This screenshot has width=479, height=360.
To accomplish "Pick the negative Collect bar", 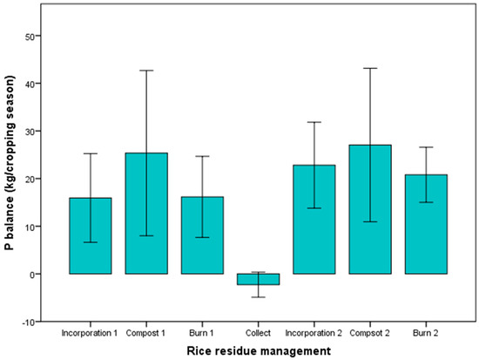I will [259, 279].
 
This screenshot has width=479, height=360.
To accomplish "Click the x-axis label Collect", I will [259, 333].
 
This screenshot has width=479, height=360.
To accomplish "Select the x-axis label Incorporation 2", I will [314, 333].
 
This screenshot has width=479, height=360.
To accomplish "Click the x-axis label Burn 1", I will [203, 333].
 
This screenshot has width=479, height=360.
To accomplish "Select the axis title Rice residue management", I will [259, 350].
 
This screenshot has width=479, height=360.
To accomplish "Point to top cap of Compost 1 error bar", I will [147, 70].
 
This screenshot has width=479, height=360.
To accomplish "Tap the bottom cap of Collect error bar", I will [259, 297].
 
